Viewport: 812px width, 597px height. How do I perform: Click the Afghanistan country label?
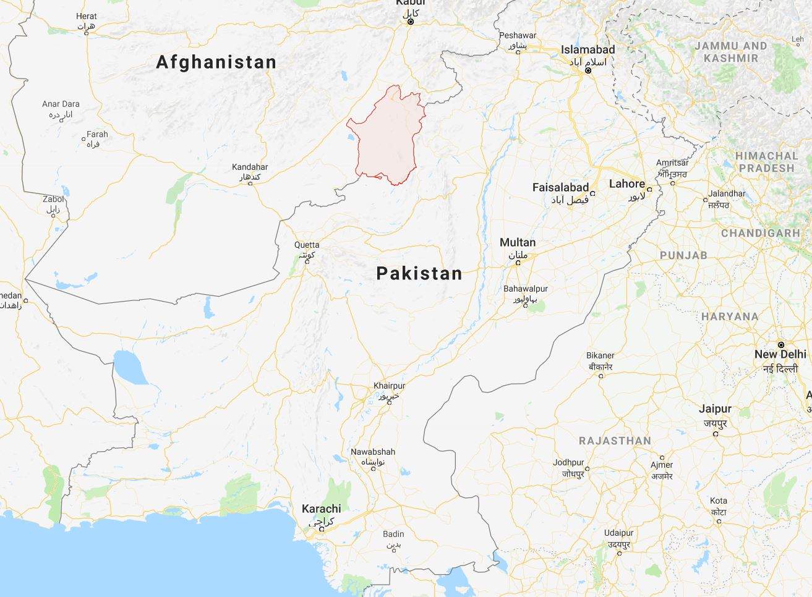tap(216, 62)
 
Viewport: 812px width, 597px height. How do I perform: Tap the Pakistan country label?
tap(419, 273)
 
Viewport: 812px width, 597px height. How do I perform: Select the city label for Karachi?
tap(321, 509)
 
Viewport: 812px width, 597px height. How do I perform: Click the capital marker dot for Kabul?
tap(410, 22)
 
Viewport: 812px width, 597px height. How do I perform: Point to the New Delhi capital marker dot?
tap(781, 344)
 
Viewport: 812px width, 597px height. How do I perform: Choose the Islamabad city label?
tap(588, 49)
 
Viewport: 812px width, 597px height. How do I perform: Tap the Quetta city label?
tap(307, 245)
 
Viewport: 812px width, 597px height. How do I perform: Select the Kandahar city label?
tap(250, 167)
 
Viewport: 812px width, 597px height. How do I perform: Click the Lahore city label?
tap(626, 184)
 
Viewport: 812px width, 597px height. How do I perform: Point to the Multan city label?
tap(518, 242)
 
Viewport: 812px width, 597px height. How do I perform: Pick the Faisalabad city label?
tap(560, 187)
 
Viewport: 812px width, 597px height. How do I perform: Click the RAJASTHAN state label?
tap(615, 441)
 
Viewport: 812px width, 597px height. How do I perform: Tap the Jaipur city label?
tap(715, 409)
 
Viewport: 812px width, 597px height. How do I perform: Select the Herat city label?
tap(86, 16)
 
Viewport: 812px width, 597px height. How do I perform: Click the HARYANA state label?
tap(729, 316)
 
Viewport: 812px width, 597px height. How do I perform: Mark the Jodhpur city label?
tap(568, 462)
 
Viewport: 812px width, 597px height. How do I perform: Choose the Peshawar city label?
tap(518, 35)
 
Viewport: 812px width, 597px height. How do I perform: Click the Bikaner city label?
tap(600, 355)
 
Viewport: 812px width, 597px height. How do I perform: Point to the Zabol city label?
tap(53, 199)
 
